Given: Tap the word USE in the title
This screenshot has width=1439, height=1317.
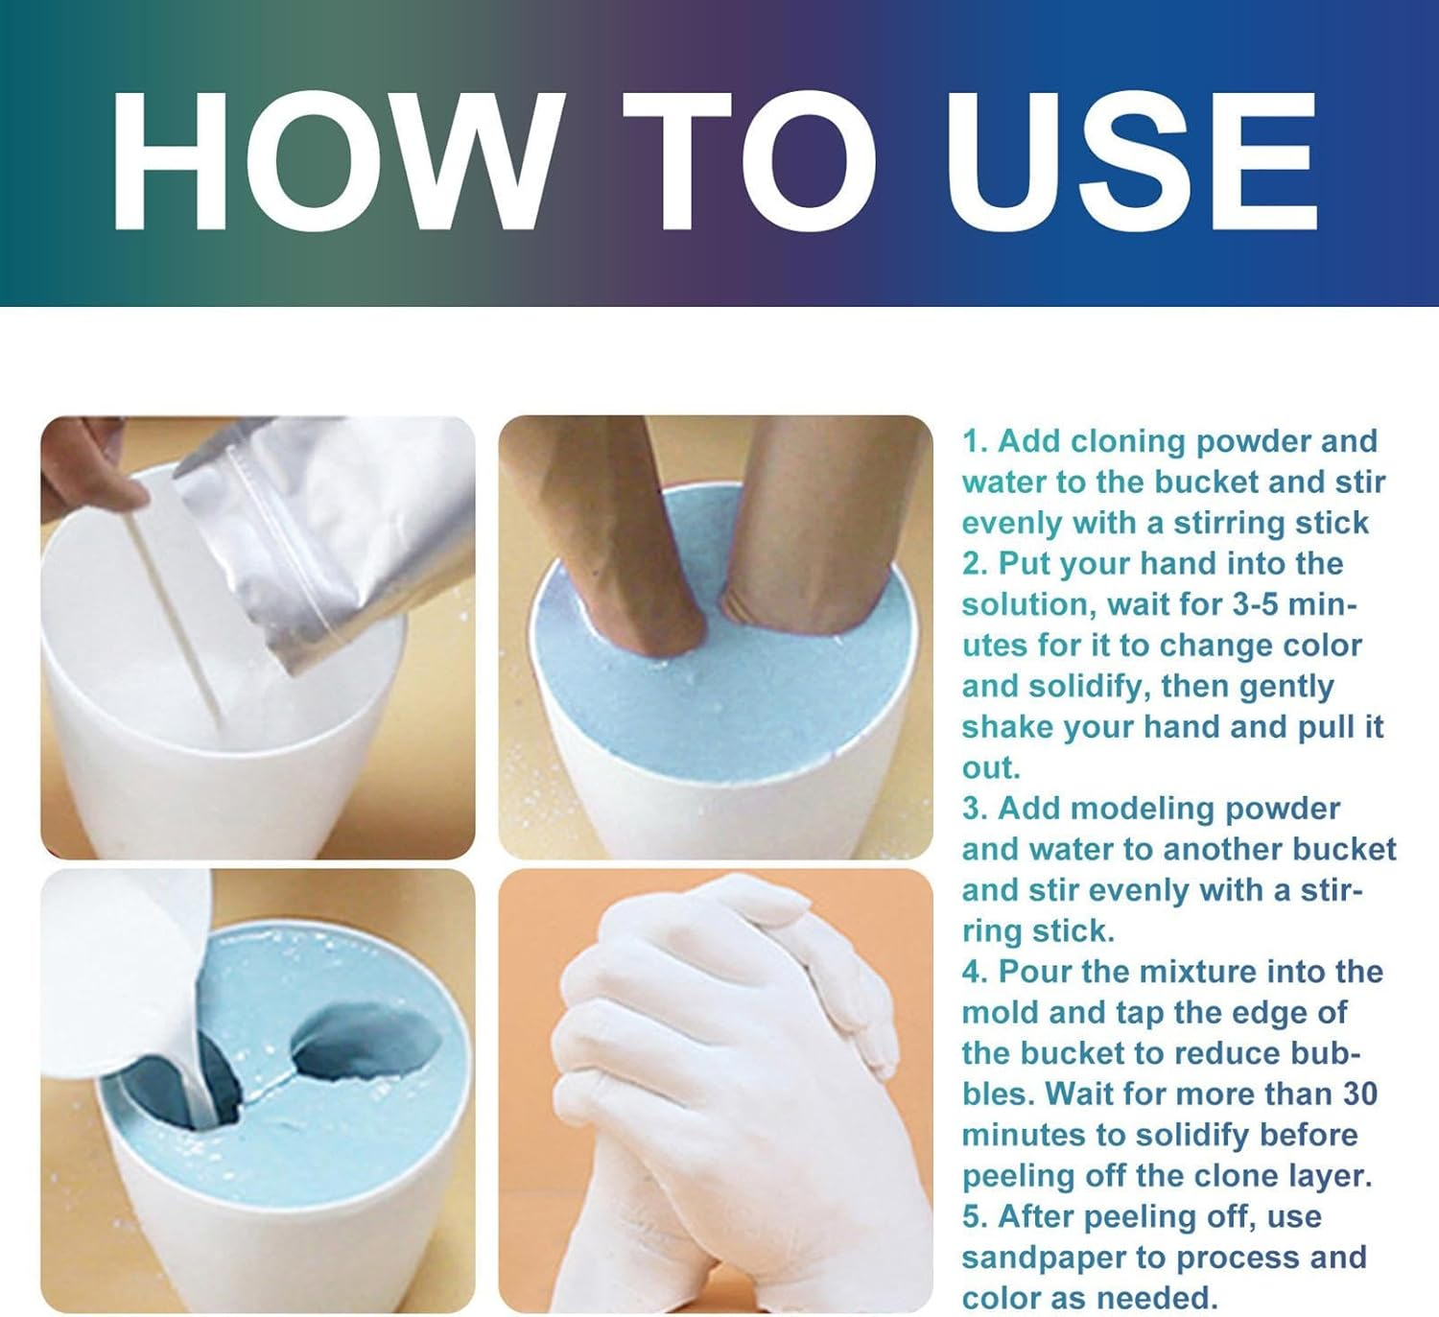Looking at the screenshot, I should click(x=1132, y=161).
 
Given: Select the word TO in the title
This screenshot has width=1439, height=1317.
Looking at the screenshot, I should click(x=748, y=161).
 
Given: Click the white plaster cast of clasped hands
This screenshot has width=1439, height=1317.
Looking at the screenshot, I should click(x=729, y=1084).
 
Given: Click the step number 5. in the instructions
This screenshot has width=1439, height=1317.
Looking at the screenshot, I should click(x=975, y=1217).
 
